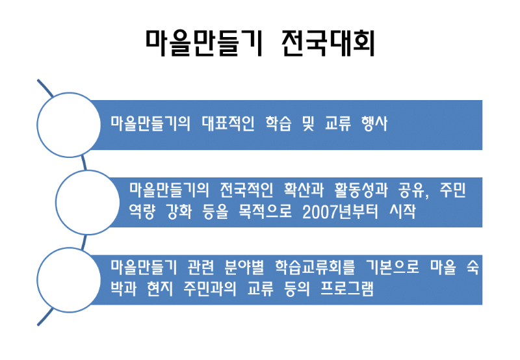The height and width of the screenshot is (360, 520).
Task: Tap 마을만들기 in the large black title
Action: (203, 43)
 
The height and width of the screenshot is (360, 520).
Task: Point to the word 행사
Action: (373, 123)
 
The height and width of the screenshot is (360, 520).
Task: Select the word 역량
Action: (143, 212)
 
